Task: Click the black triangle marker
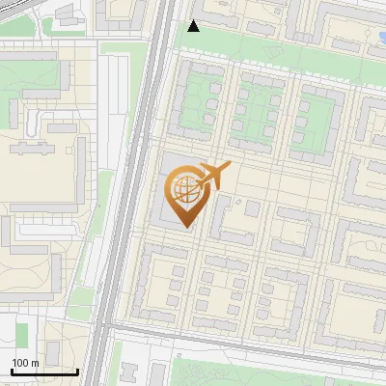[x=194, y=26]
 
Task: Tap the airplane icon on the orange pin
[x=215, y=175]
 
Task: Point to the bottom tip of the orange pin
[x=184, y=227]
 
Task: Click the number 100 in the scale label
[x=21, y=363]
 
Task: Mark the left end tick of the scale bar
[x=12, y=372]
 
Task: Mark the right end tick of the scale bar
[x=77, y=372]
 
